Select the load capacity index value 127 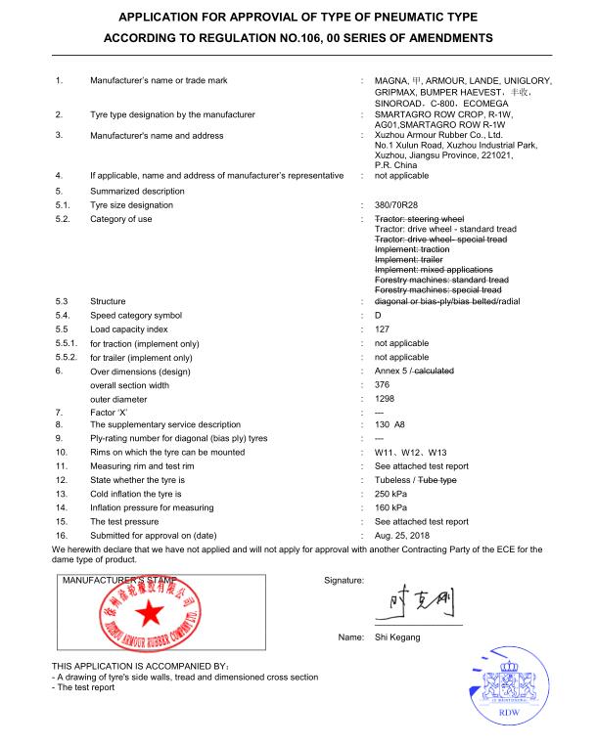point(383,329)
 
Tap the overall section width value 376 point(383,385)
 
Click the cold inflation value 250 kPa point(390,494)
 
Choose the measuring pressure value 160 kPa point(390,507)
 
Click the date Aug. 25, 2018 point(401,535)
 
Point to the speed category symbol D point(379,316)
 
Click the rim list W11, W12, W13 point(410,453)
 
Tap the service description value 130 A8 point(393,425)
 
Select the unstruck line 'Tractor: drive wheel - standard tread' point(444,229)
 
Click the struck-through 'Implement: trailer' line point(409,259)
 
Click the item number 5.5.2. point(68,358)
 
